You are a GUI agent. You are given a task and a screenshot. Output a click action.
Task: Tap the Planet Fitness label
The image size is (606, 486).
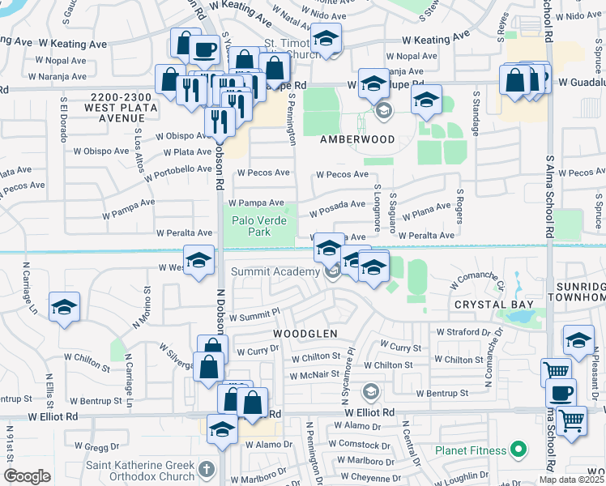coord(471,450)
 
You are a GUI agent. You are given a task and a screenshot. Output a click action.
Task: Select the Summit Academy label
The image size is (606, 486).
coord(275,271)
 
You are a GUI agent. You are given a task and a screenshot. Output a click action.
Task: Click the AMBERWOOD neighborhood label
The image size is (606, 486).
coord(357,139)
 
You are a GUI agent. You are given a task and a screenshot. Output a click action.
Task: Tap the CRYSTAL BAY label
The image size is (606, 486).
coord(493,304)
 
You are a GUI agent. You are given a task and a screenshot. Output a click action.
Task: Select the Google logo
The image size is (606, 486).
coord(27,476)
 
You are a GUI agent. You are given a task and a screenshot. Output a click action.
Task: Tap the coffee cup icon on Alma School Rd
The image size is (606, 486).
coord(561,393)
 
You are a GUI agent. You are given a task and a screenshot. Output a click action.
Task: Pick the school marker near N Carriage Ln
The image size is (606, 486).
coord(64,308)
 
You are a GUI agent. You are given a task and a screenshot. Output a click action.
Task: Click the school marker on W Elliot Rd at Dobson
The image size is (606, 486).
coord(222,429)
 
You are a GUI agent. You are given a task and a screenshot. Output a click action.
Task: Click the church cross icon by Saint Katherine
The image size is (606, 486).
coord(207,468)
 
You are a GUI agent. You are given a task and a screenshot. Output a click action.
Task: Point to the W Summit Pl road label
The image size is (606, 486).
coord(254,314)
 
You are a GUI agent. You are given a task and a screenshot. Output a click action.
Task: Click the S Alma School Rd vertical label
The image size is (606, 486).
coord(550,194)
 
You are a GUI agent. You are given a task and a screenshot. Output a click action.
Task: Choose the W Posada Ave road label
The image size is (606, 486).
coord(337,210)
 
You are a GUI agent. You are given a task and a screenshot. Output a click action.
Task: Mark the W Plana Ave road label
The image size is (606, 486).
coord(425,213)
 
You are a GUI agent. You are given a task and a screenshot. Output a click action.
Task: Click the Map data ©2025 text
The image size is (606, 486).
coord(572,479)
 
